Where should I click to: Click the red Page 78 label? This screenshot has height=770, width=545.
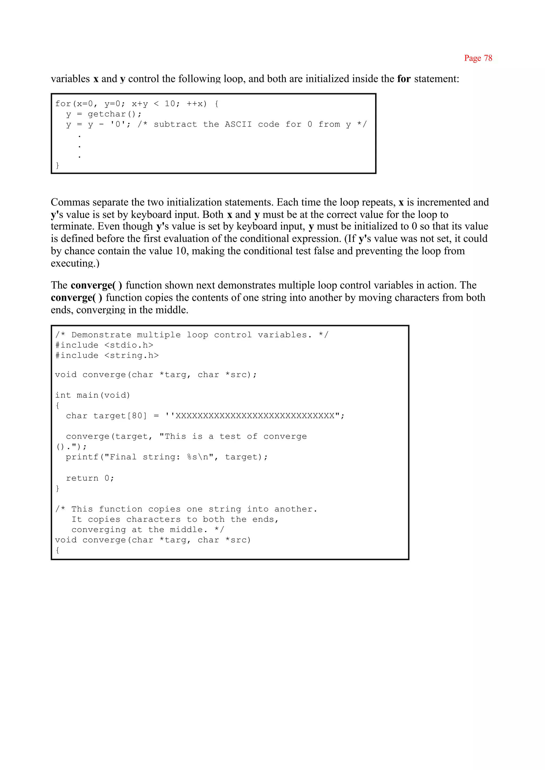(x=478, y=58)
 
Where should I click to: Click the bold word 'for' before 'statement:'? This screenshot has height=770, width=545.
(x=404, y=79)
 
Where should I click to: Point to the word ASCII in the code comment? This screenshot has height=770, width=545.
(x=238, y=125)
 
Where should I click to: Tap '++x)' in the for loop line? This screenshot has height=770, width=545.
(x=197, y=104)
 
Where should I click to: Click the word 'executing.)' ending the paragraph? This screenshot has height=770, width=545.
(x=75, y=263)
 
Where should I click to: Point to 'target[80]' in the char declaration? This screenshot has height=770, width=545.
(x=120, y=416)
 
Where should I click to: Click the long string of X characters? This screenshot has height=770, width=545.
(x=255, y=416)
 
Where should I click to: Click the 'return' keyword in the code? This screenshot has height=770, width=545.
(x=82, y=478)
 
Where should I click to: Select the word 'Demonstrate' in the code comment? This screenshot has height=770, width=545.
(x=101, y=335)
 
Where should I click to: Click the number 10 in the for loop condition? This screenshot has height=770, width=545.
(x=170, y=104)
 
